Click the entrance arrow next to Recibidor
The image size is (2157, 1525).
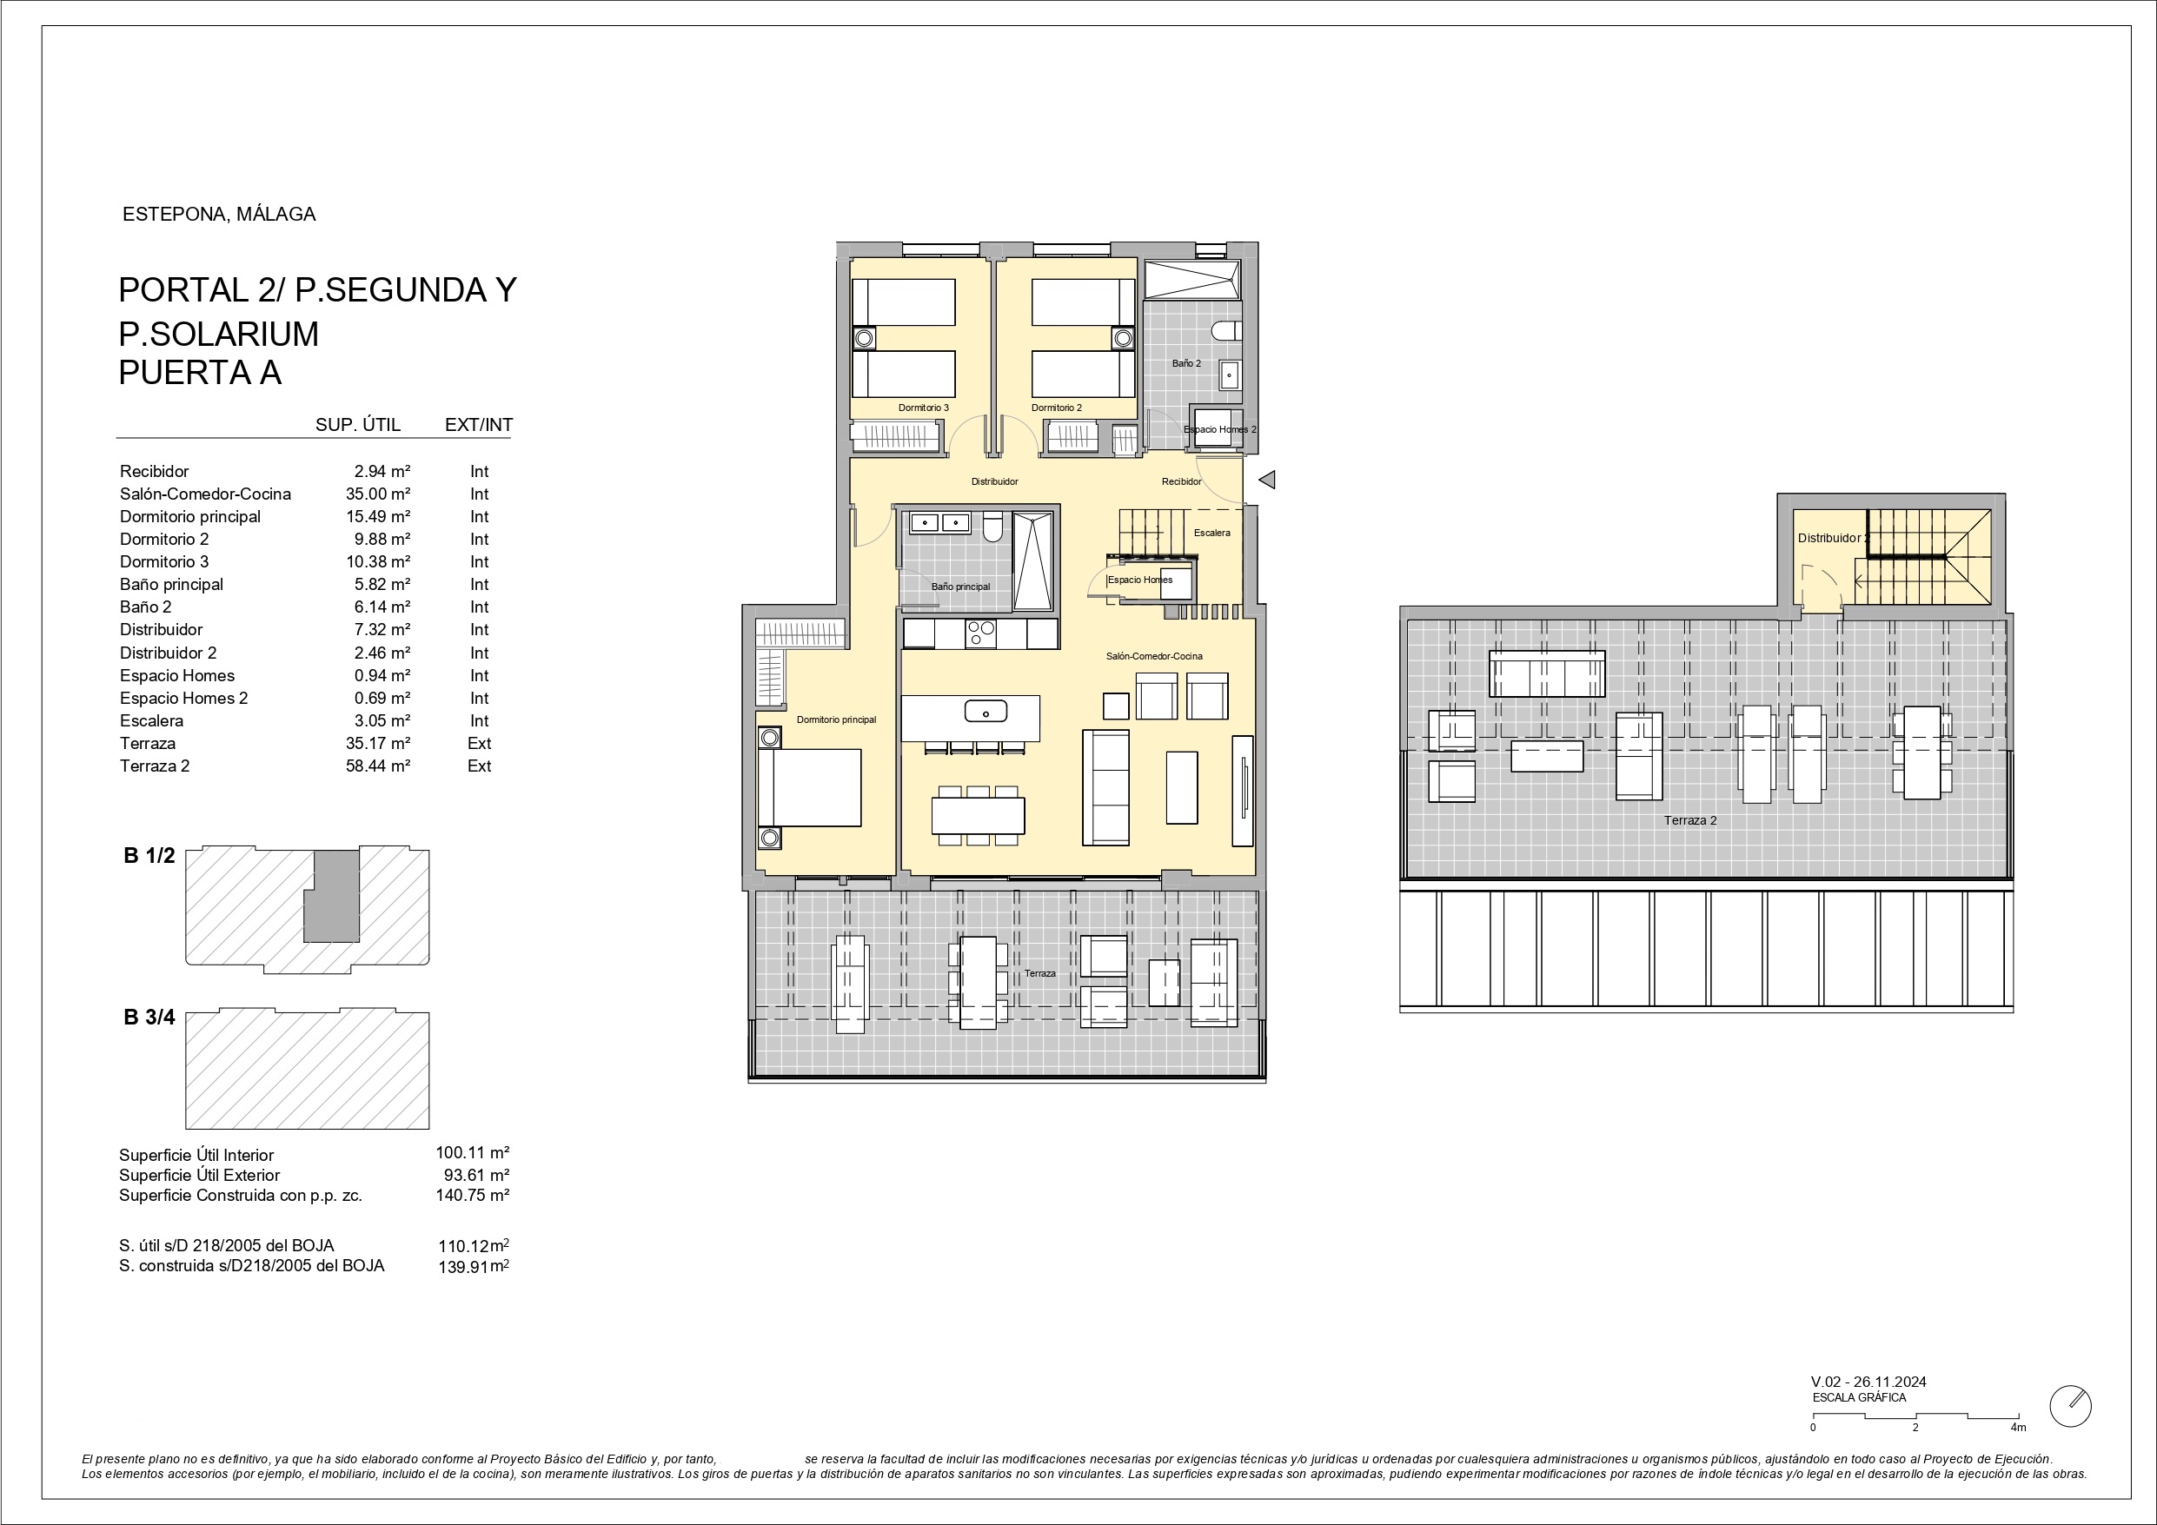1266,481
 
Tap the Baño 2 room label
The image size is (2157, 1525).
1186,363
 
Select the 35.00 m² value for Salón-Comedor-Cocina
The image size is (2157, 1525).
378,494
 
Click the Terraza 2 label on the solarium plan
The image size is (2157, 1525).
1690,820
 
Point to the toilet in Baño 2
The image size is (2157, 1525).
1227,332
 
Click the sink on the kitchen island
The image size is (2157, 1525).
986,713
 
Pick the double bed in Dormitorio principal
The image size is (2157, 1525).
810,787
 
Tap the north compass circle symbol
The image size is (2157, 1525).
2069,1406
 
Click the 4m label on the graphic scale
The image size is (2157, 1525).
2018,1428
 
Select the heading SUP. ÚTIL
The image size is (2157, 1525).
358,425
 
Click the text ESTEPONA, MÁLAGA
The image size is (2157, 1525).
219,215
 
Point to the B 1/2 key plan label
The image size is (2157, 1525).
149,855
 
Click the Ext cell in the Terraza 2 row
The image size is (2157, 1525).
479,766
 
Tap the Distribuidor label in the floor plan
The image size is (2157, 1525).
995,482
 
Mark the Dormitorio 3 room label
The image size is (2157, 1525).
924,408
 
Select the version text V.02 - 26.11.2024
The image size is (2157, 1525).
1868,1382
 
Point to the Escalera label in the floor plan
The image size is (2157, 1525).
1212,533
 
